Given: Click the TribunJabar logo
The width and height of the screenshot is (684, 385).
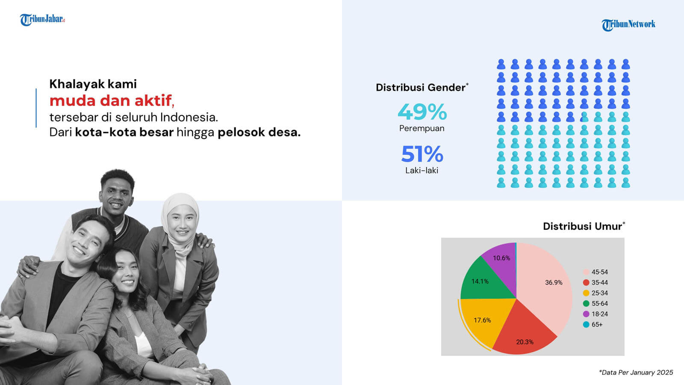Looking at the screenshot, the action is pos(42,20).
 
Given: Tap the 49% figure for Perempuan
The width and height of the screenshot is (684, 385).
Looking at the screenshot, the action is pos(422,112).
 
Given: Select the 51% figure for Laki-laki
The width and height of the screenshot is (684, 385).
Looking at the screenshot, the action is pos(422,154).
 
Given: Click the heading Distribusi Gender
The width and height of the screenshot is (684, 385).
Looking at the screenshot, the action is pos(422,87).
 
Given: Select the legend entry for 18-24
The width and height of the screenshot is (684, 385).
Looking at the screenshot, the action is pos(596,314).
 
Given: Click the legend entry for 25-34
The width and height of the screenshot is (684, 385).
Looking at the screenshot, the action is pos(596,293).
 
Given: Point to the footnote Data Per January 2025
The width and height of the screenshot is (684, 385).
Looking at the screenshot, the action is pos(636,373).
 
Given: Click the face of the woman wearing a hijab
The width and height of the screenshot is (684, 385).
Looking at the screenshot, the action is pos(182,222).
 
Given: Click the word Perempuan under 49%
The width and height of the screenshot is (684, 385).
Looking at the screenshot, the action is pos(422,129).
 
